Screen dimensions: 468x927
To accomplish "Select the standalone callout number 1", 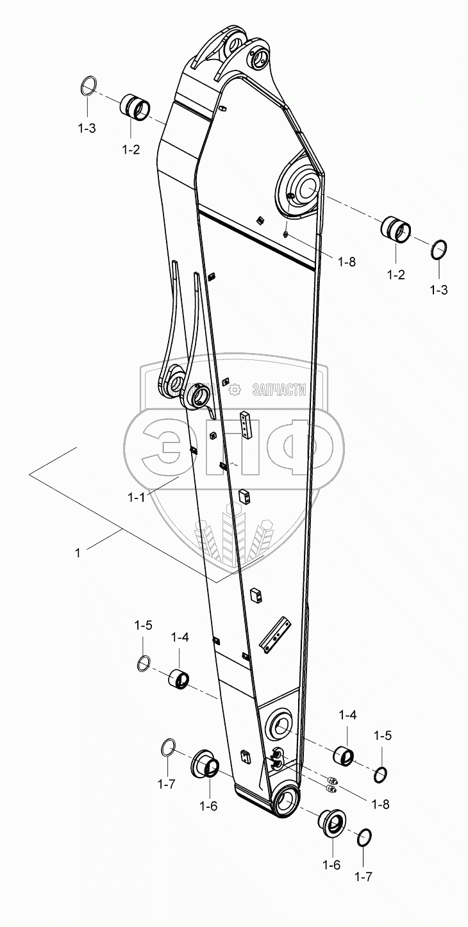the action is click(x=78, y=552).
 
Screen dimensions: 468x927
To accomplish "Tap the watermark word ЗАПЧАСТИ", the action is click(x=280, y=390).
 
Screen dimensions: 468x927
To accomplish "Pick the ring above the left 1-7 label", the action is click(x=167, y=747).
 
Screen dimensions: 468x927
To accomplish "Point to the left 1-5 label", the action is click(x=143, y=625).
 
